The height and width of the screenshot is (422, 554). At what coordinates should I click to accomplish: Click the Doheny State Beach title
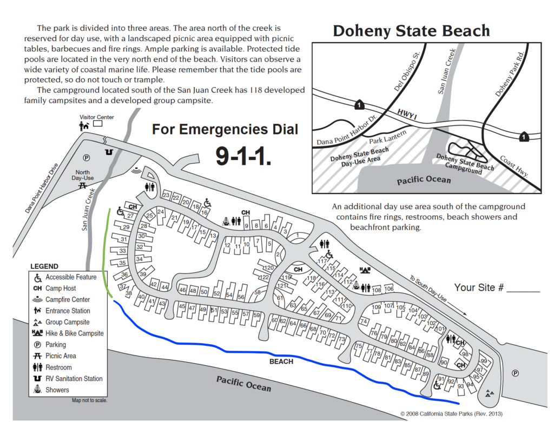[x=411, y=31]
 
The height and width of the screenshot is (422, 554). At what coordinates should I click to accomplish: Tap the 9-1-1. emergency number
[x=243, y=156]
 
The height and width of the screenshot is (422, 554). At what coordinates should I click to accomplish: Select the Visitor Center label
[x=97, y=117]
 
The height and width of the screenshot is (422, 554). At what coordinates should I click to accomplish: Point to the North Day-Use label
[x=83, y=175]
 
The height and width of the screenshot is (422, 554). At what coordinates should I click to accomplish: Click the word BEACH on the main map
[x=281, y=361]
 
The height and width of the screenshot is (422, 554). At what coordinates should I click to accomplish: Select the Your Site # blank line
[x=523, y=292]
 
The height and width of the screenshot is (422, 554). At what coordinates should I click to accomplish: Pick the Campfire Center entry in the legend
[x=68, y=299]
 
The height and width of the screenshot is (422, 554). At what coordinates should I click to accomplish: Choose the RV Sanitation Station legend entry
[x=74, y=379]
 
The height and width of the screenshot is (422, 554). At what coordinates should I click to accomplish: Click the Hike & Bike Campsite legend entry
[x=74, y=333]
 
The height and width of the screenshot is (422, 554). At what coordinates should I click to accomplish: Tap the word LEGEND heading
[x=44, y=266]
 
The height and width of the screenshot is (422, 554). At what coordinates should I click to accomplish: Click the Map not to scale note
[x=89, y=400]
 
